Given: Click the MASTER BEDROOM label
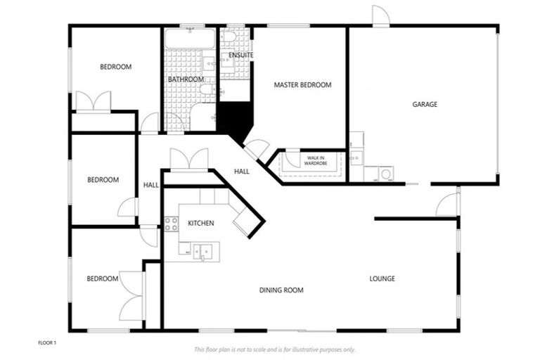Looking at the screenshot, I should pyautogui.click(x=302, y=85).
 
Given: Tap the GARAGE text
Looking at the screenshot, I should pyautogui.click(x=425, y=104).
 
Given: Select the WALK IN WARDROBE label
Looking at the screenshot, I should pyautogui.click(x=314, y=160).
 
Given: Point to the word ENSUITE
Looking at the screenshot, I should pyautogui.click(x=241, y=55).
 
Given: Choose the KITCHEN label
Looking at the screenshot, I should pyautogui.click(x=200, y=223).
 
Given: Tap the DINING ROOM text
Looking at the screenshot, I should pyautogui.click(x=281, y=290).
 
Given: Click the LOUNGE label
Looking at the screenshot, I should pyautogui.click(x=382, y=278).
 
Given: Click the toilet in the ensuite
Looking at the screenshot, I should pyautogui.click(x=230, y=37).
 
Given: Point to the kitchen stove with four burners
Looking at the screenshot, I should pyautogui.click(x=171, y=224).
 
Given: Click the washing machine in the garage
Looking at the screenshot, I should pyautogui.click(x=385, y=173).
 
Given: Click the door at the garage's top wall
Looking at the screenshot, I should pyautogui.click(x=380, y=17).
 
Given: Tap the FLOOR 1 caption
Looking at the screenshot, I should pyautogui.click(x=47, y=342).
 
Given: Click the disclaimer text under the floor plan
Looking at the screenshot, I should pyautogui.click(x=274, y=349).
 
